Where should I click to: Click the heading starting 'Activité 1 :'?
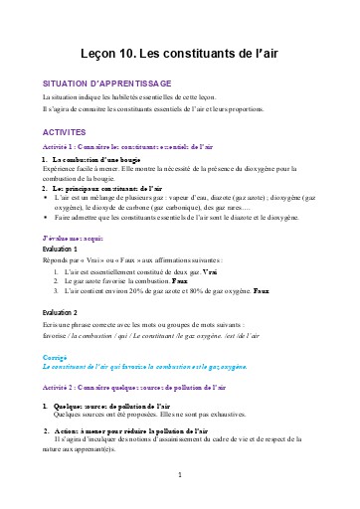tap(127, 147)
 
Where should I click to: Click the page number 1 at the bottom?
tap(179, 474)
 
